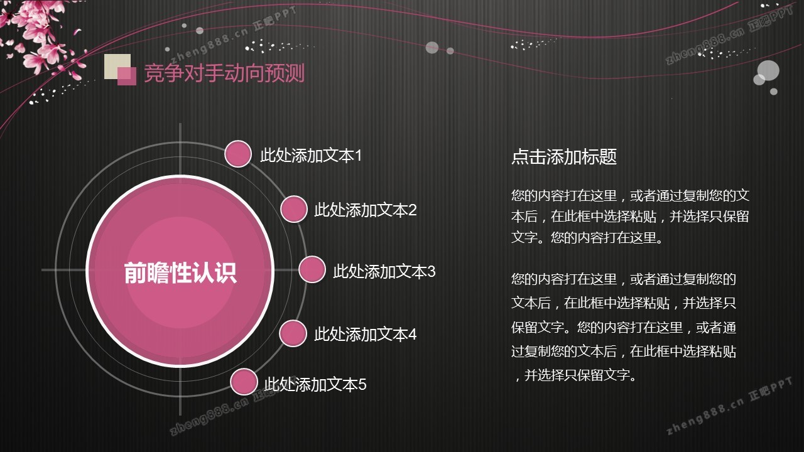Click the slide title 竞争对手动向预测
(x=224, y=73)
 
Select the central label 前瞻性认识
(x=180, y=272)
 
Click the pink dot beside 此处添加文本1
(x=238, y=154)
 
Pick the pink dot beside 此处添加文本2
(x=293, y=209)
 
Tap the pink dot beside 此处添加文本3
(x=312, y=269)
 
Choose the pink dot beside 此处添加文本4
(x=293, y=333)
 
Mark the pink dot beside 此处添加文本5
(x=244, y=382)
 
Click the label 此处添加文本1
(x=311, y=156)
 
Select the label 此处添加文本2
(x=366, y=210)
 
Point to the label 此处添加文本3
(x=384, y=272)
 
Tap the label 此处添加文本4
(x=366, y=335)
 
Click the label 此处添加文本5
(x=315, y=385)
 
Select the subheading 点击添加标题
(x=564, y=157)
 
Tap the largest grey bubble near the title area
(x=768, y=71)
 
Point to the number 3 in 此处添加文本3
(x=431, y=272)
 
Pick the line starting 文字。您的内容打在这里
(x=587, y=237)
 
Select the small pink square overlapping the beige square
(x=127, y=76)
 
